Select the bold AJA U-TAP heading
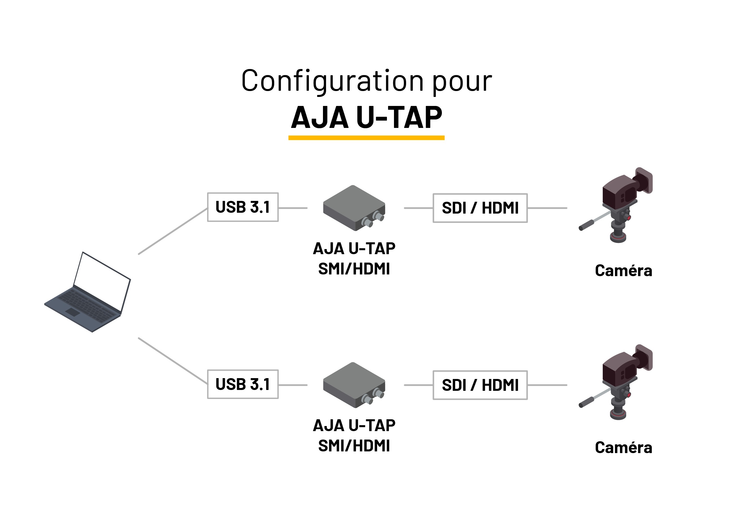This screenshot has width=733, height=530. coord(366,117)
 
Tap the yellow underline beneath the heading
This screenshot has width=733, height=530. coord(366,138)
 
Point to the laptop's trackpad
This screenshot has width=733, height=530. coord(73,312)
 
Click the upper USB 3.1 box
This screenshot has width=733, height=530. coord(243,207)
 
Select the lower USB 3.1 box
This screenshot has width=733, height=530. coord(243,384)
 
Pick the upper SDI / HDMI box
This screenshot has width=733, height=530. coord(480,208)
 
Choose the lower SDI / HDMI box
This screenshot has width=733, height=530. coord(480,385)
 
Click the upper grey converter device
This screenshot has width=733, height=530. coord(354,208)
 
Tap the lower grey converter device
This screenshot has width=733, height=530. coord(354,385)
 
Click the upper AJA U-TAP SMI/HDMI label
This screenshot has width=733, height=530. coord(354,259)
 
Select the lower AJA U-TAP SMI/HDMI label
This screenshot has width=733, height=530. coord(354,435)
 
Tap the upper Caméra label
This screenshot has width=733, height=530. coord(623,270)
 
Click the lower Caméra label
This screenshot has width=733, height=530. coord(623,448)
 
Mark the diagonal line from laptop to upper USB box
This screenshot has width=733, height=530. coord(173,231)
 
